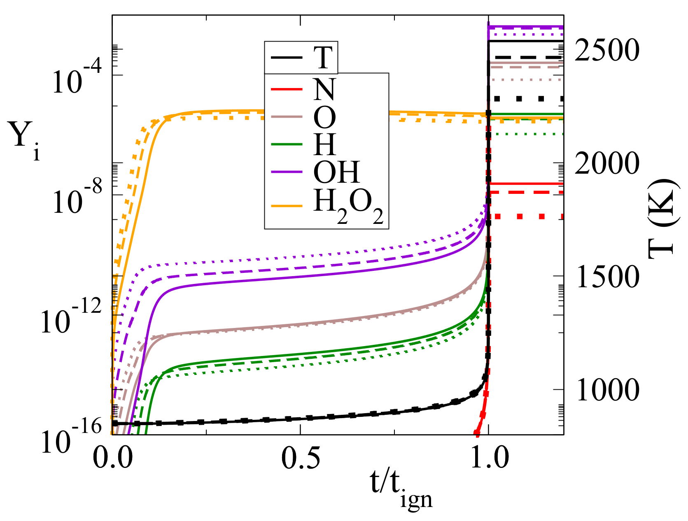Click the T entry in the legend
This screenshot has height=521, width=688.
click(x=323, y=58)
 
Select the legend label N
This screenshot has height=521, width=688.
click(x=324, y=89)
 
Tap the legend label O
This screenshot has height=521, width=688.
click(x=324, y=118)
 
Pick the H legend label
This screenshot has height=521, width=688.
click(x=324, y=144)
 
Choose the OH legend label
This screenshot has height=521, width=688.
click(x=336, y=172)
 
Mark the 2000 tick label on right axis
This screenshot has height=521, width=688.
click(x=607, y=163)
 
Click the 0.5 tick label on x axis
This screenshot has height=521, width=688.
click(x=301, y=458)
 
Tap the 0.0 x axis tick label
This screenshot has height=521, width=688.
click(x=113, y=458)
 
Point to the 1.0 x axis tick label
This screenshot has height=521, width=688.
click(x=489, y=458)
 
